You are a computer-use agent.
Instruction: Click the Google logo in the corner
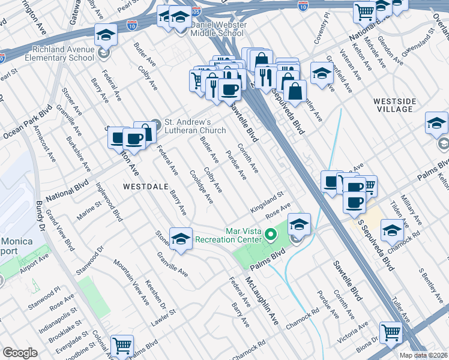coord(20,353)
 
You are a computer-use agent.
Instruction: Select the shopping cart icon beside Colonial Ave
coord(122,346)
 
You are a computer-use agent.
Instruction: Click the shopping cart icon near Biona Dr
coord(391,332)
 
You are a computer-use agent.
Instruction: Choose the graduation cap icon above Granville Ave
coord(181,239)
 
